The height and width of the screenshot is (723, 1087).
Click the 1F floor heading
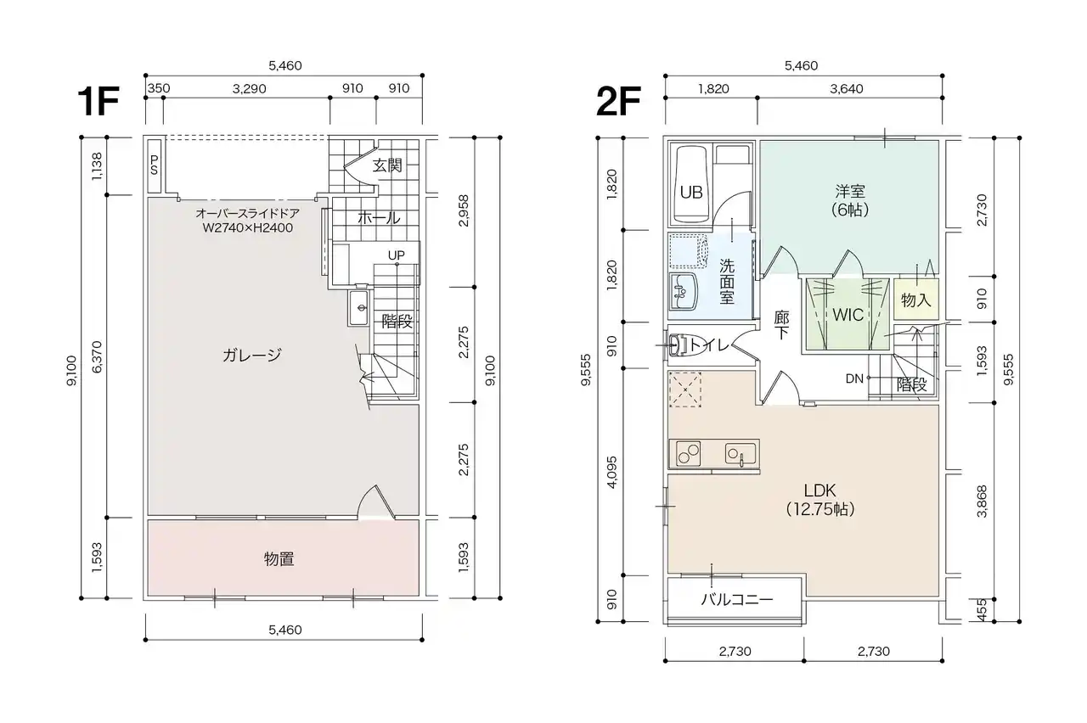point(99,101)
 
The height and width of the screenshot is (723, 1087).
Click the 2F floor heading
point(618,101)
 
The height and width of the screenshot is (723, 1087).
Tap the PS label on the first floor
point(155,165)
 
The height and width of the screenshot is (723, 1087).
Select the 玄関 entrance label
point(387,165)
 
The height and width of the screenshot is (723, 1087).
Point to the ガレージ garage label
point(252,356)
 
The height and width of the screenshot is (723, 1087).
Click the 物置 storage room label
point(279,559)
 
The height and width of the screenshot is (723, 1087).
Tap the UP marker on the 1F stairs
point(396,255)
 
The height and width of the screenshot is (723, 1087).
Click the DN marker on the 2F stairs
point(854,378)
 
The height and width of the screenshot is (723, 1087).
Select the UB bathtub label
point(691,193)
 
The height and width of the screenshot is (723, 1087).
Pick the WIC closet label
point(848,315)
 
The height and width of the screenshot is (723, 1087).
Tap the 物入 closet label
point(915,300)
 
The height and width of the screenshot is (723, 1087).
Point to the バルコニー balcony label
point(736,600)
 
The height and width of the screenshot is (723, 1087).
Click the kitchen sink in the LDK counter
point(741,454)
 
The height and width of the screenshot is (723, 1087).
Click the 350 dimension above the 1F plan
point(159,88)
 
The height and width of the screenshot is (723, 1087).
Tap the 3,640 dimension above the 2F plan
point(847,89)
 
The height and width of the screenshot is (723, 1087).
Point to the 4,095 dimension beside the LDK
point(612,472)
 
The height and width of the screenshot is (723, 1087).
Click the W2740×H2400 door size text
point(247,228)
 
